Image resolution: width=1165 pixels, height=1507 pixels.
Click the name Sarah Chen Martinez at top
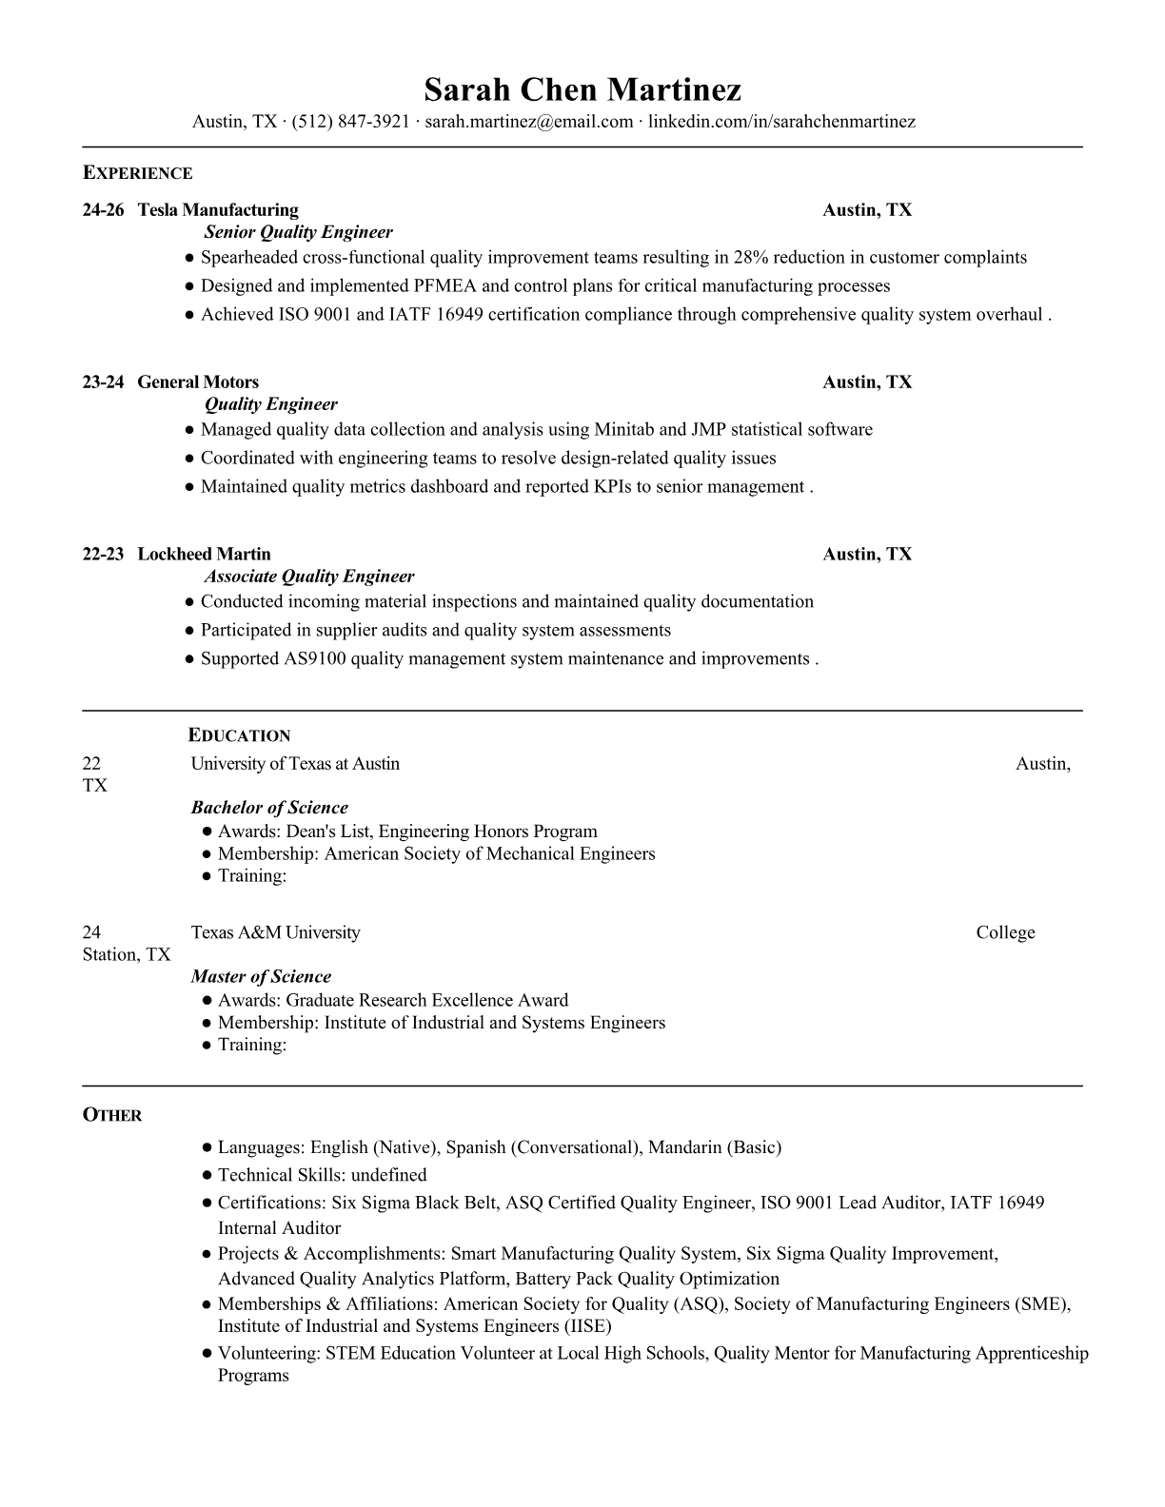pos(582,89)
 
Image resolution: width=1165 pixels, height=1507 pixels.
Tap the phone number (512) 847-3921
pos(350,122)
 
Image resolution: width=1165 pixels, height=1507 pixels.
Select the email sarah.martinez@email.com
pos(529,122)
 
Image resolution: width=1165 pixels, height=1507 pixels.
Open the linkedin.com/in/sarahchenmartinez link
pos(781,122)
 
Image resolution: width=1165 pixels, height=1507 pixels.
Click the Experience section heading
pos(137,173)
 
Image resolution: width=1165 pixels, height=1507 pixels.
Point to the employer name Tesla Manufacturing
pos(218,210)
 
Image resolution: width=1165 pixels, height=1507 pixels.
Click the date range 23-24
pos(103,382)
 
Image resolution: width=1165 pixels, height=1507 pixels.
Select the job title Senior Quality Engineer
pos(298,232)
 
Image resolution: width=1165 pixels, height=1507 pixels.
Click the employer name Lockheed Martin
pos(204,555)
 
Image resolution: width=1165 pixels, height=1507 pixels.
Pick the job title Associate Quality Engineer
pos(309,577)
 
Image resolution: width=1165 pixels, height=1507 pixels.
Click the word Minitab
pos(623,430)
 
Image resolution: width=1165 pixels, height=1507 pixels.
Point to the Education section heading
pos(239,735)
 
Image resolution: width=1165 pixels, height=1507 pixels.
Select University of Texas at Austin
pos(295,764)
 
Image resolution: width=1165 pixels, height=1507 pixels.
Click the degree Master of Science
pos(261,977)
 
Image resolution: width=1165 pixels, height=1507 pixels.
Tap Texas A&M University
pos(275,933)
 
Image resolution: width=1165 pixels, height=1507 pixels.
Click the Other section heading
pos(112,1115)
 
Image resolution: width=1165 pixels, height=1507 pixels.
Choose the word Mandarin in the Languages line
pos(684,1147)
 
